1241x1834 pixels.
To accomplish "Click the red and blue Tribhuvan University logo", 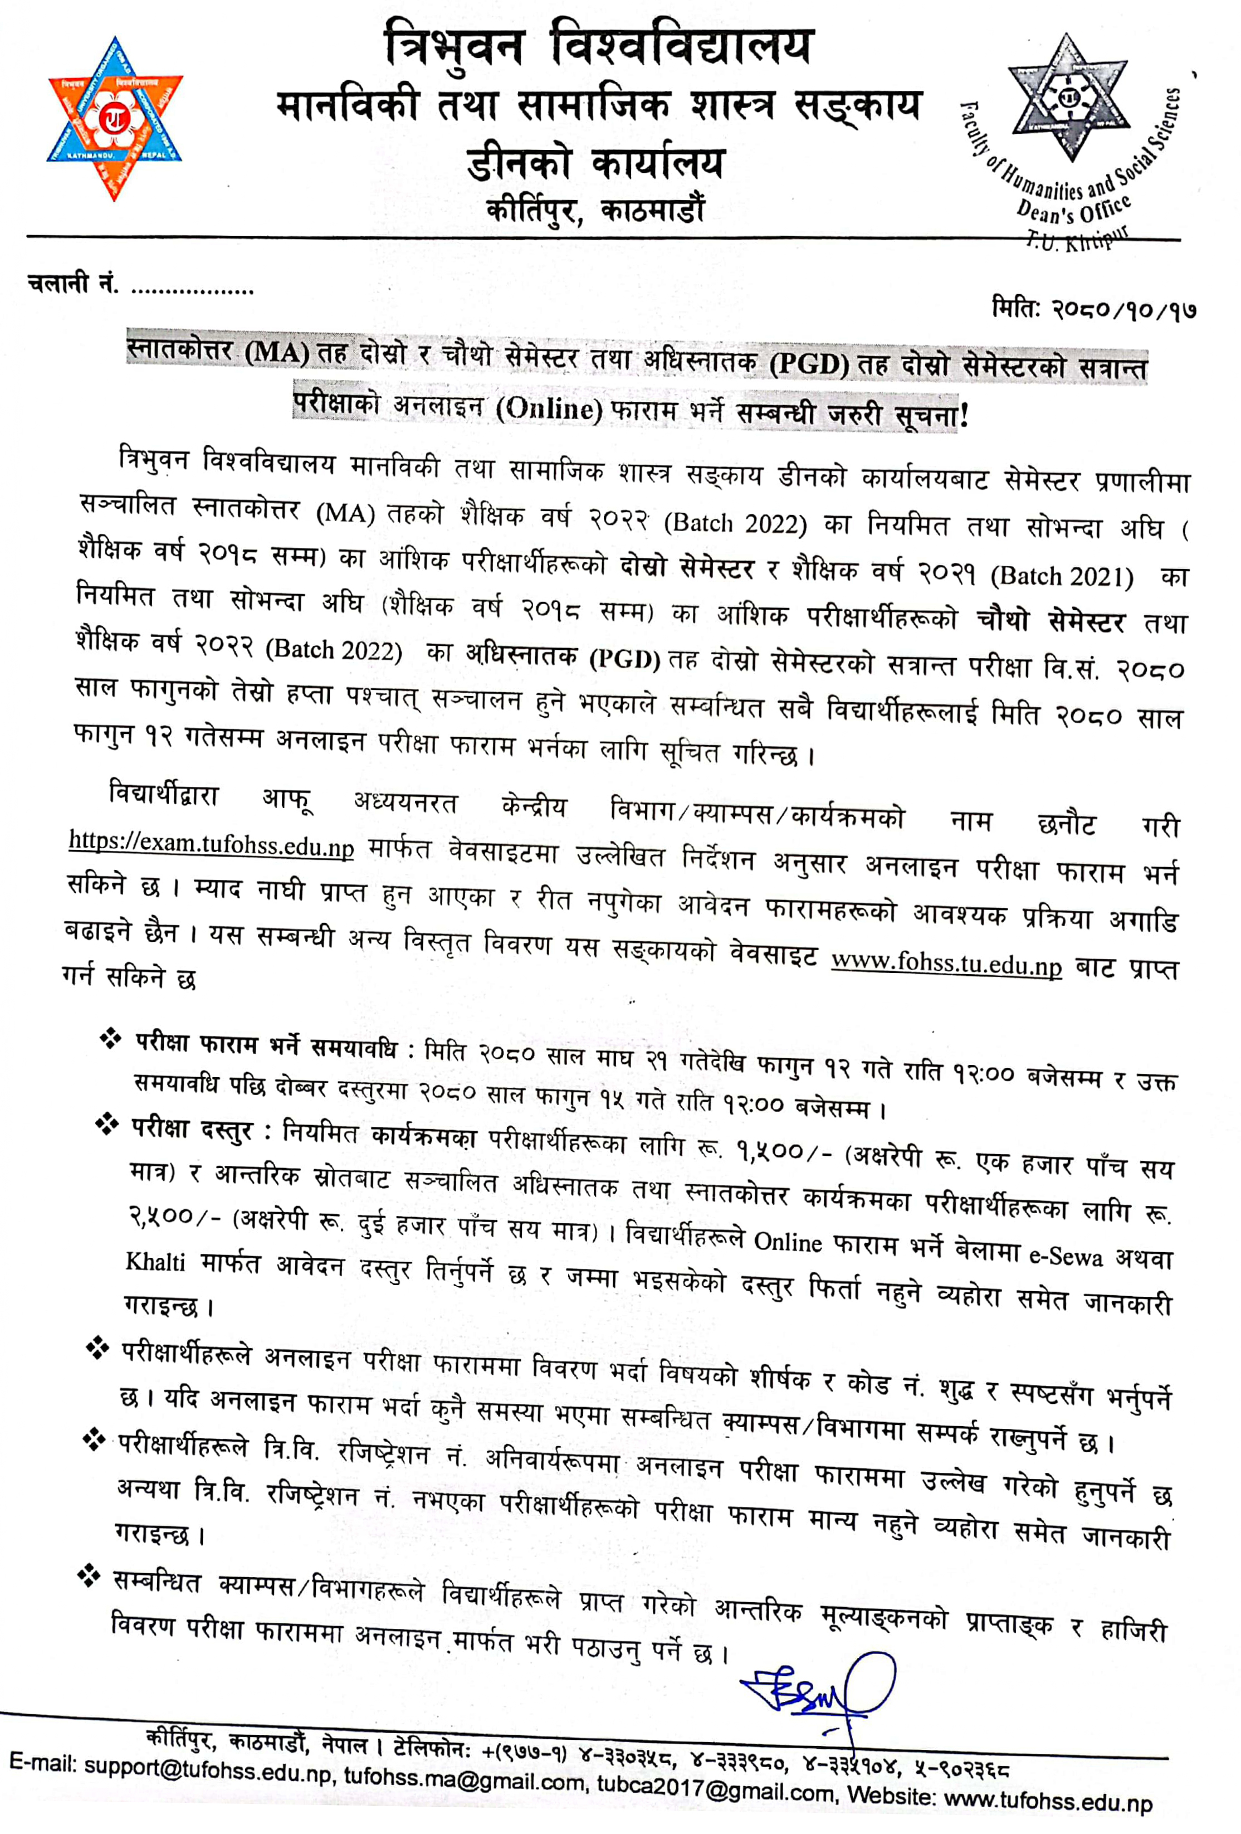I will pyautogui.click(x=115, y=118).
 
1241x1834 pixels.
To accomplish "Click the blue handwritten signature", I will pyautogui.click(x=820, y=1693).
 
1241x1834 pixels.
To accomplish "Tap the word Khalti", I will pyautogui.click(x=155, y=1262).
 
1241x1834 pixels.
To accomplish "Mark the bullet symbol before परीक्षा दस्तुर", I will pyautogui.click(x=106, y=1124).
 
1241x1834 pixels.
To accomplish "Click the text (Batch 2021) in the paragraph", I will pyautogui.click(x=1061, y=577).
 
